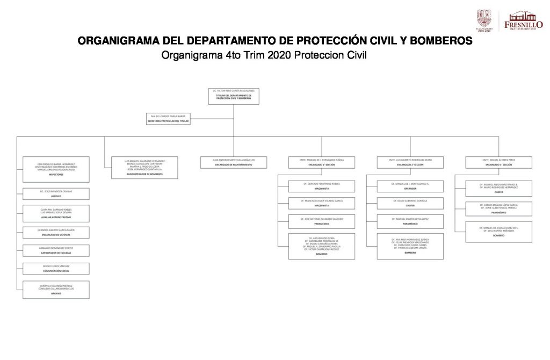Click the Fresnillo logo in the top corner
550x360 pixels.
[523, 20]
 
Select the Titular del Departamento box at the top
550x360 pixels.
[234, 96]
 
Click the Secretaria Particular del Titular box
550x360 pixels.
[168, 118]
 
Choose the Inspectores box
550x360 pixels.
[56, 169]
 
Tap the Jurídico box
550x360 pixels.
[56, 193]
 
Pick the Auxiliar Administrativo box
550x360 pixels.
[56, 213]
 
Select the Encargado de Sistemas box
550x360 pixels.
[56, 233]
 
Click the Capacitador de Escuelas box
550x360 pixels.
[56, 250]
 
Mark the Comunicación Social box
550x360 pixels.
[56, 269]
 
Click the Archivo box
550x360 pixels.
[56, 290]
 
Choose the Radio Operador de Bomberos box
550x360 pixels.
[144, 168]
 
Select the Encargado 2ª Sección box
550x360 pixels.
[410, 162]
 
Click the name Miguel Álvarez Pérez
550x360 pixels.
[499, 160]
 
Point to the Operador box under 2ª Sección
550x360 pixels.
[410, 186]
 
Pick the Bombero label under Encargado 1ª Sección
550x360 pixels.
[322, 254]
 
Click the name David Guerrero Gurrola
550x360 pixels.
[410, 200]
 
